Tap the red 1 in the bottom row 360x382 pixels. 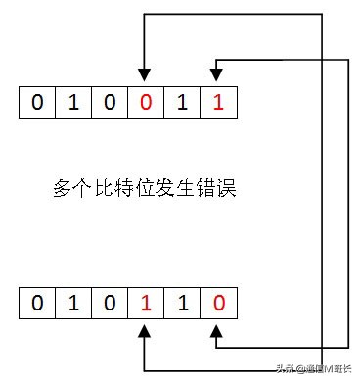145,303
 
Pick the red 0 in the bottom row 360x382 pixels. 217,303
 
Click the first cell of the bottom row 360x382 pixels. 36,303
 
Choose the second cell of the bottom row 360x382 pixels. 72,303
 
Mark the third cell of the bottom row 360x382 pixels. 109,303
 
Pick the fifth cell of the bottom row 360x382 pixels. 181,303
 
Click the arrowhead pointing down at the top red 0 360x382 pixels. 145,75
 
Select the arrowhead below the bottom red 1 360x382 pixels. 145,332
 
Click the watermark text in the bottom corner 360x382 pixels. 314,370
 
